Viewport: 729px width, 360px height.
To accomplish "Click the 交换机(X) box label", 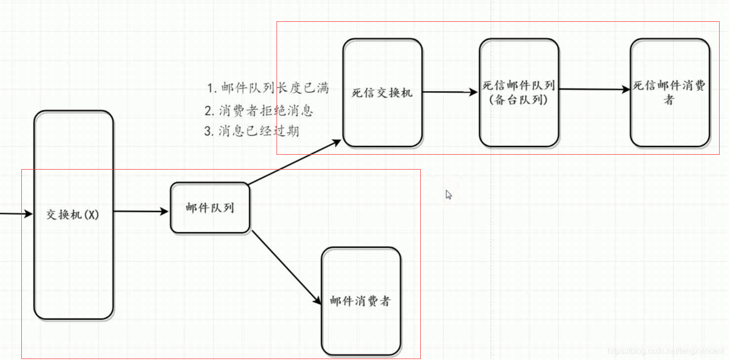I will pyautogui.click(x=73, y=215).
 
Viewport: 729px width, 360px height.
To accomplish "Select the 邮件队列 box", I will pyautogui.click(x=210, y=208).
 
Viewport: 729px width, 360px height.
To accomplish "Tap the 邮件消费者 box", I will pyautogui.click(x=360, y=300).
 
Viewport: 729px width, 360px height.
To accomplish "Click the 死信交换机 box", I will pyautogui.click(x=382, y=93).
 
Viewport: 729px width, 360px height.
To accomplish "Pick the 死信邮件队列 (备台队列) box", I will pyautogui.click(x=518, y=93).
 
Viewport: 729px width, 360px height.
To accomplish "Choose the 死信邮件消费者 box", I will pyautogui.click(x=670, y=93).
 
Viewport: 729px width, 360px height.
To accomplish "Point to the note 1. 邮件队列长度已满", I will pyautogui.click(x=268, y=88).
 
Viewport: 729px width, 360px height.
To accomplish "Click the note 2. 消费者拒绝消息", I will pyautogui.click(x=259, y=110).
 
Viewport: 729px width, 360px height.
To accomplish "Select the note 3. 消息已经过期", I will pyautogui.click(x=252, y=131).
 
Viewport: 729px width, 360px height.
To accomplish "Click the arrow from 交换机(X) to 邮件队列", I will pyautogui.click(x=141, y=212).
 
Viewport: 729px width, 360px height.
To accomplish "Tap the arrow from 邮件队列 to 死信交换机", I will pyautogui.click(x=294, y=163).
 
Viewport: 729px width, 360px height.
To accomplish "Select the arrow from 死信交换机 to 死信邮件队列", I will pyautogui.click(x=449, y=92).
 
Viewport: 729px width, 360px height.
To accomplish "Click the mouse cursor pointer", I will pyautogui.click(x=448, y=194).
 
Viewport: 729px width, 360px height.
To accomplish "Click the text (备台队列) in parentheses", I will pyautogui.click(x=518, y=100).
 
